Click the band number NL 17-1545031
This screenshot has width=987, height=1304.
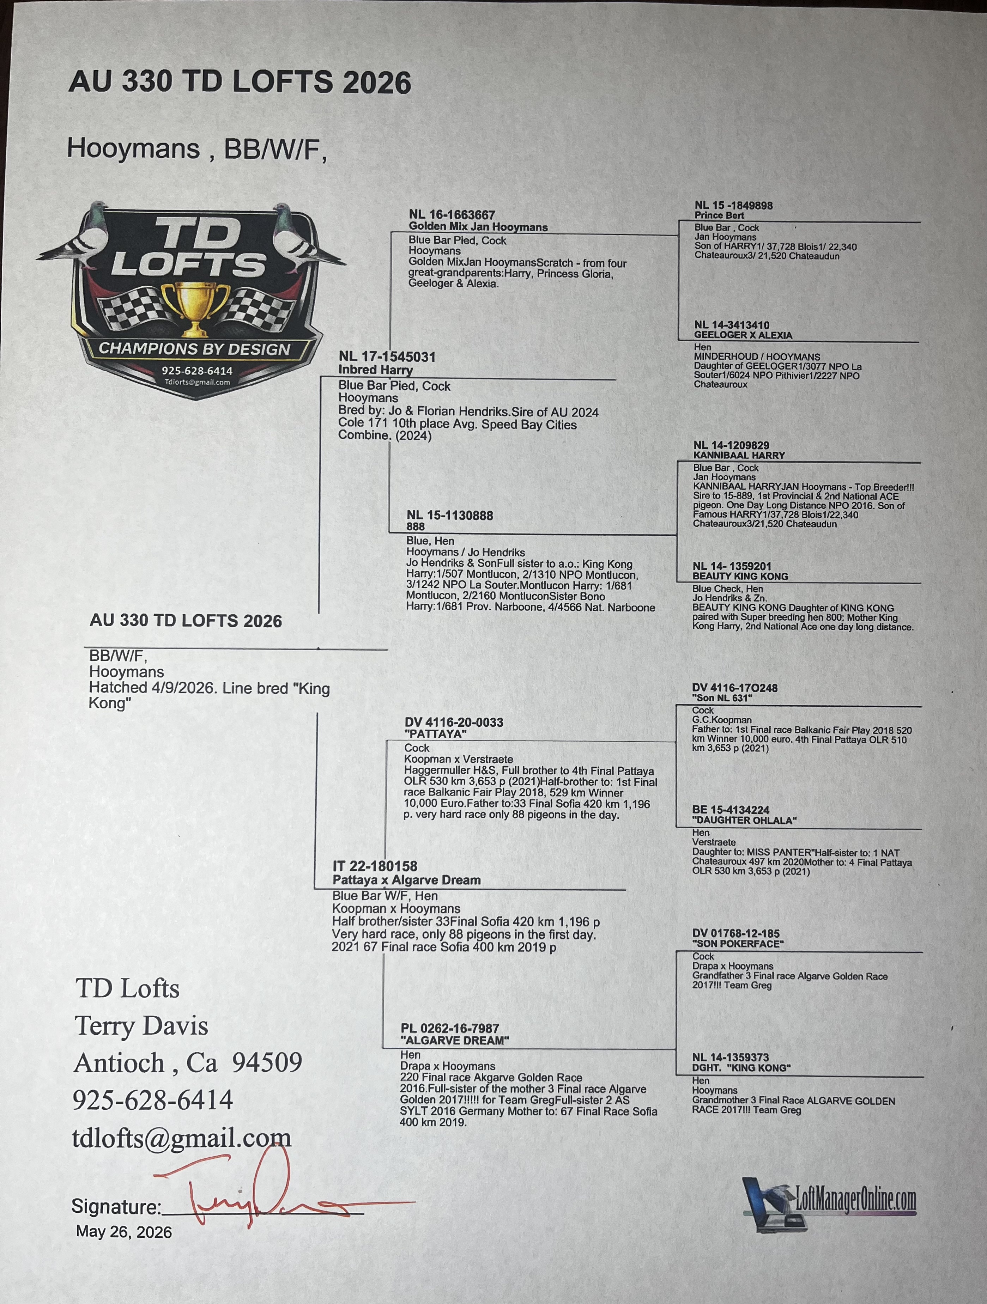tap(387, 357)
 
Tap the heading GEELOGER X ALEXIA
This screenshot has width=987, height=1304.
tap(743, 335)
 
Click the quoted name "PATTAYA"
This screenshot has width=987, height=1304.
tap(435, 734)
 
